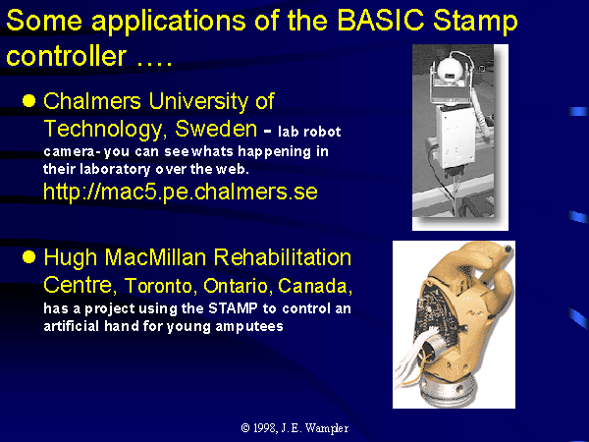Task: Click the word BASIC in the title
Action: click(x=381, y=20)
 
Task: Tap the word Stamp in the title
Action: click(x=475, y=23)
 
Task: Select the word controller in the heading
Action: click(x=66, y=56)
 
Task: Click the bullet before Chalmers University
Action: click(x=28, y=101)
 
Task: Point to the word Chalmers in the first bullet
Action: click(x=92, y=101)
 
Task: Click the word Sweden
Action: click(x=216, y=129)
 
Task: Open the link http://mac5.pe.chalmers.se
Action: click(x=181, y=193)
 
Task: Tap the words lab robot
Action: click(x=309, y=132)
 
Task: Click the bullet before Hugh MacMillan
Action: click(x=28, y=257)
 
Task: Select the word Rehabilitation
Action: click(x=282, y=257)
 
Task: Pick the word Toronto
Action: click(x=158, y=286)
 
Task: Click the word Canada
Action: click(x=315, y=287)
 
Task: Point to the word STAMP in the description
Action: click(x=233, y=308)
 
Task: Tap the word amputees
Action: click(x=249, y=326)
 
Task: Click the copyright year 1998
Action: click(x=264, y=427)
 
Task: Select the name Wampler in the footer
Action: click(x=327, y=428)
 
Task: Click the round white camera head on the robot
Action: click(x=451, y=70)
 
